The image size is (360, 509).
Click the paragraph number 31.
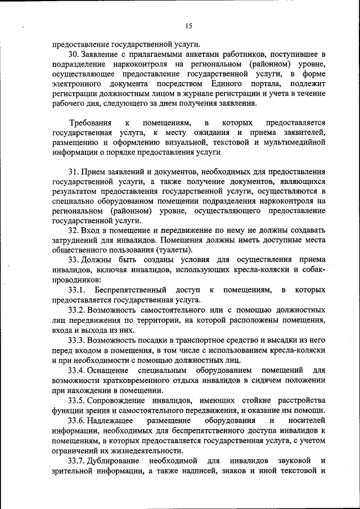pyautogui.click(x=73, y=172)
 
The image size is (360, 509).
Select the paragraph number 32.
pyautogui.click(x=74, y=230)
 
